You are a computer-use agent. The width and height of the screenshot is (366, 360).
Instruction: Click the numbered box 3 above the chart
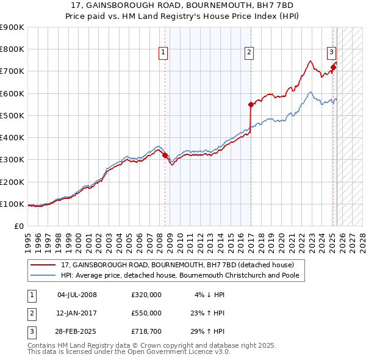(331, 52)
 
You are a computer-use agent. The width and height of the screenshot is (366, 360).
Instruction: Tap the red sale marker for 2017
(251, 104)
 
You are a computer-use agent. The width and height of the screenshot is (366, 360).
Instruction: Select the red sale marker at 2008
(165, 155)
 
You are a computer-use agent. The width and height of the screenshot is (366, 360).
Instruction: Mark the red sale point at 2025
(333, 67)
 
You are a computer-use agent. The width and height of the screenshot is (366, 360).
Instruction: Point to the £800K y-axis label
(12, 49)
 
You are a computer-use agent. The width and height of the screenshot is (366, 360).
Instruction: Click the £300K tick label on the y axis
(12, 160)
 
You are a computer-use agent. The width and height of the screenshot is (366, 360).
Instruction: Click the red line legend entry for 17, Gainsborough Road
(178, 265)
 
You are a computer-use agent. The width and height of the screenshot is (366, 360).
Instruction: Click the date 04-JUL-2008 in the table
(77, 295)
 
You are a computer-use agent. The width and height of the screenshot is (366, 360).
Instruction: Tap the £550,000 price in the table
(146, 313)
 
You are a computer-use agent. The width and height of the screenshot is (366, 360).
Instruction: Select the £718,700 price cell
(146, 331)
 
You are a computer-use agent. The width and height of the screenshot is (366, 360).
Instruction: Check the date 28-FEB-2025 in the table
(77, 331)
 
